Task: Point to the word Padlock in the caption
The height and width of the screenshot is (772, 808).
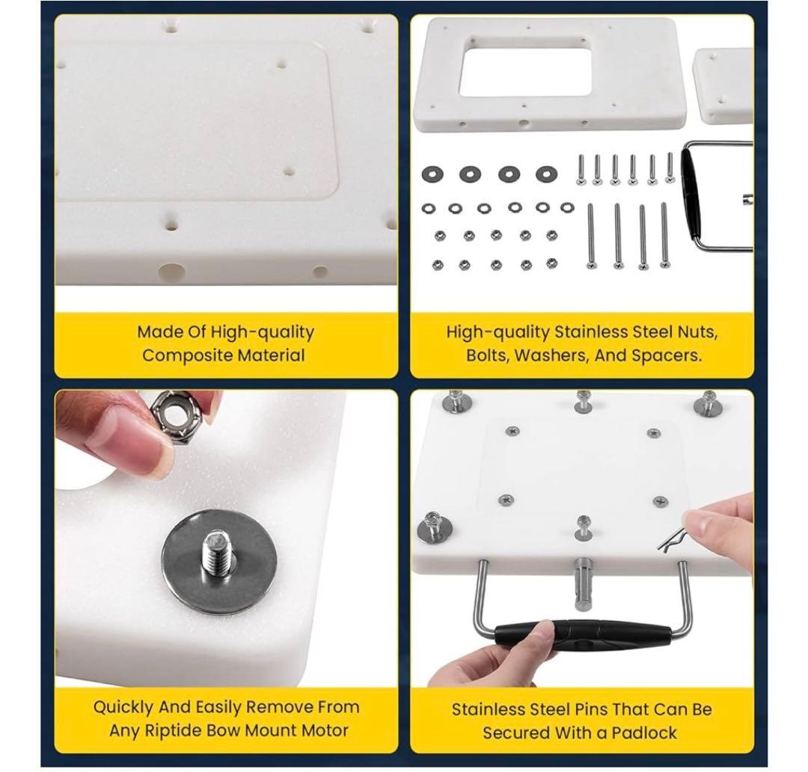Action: (644, 732)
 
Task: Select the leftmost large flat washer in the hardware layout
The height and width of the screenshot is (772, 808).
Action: (433, 174)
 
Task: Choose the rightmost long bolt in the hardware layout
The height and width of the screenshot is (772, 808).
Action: (665, 235)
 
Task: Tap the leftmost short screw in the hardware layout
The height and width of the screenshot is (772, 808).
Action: (581, 170)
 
